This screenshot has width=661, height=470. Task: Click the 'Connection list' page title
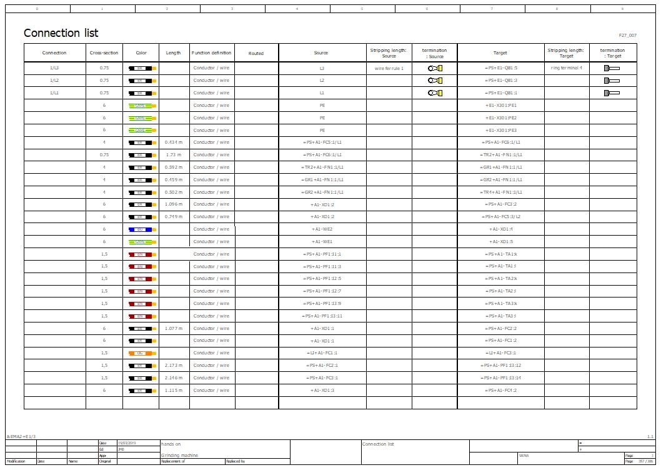click(x=61, y=33)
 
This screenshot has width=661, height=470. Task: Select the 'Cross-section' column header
click(x=104, y=53)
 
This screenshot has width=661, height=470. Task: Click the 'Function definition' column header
click(x=211, y=53)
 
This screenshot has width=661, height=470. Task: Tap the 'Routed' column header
click(x=256, y=53)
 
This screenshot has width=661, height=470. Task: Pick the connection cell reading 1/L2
click(x=54, y=81)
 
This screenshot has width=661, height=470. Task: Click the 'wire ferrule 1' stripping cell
click(x=389, y=68)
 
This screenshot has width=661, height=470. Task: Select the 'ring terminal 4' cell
click(x=566, y=67)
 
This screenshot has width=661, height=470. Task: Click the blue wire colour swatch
click(x=142, y=229)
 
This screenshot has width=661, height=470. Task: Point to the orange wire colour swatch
click(x=142, y=353)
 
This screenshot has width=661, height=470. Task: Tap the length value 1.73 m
click(x=173, y=155)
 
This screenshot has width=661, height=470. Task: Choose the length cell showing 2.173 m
click(x=173, y=366)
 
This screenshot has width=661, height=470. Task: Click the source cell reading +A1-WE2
click(x=322, y=229)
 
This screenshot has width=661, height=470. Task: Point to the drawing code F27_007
click(x=627, y=36)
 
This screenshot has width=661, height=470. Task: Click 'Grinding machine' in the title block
click(x=179, y=456)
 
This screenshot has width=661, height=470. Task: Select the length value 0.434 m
click(x=173, y=142)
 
